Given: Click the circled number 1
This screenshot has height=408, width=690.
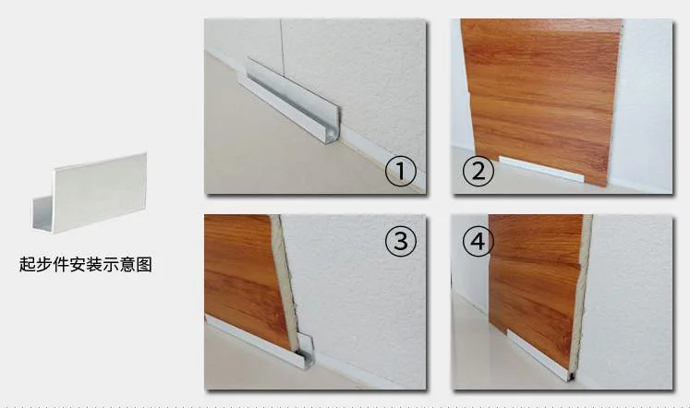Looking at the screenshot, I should (401, 171).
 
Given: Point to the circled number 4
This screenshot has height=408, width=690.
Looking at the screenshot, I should (477, 242).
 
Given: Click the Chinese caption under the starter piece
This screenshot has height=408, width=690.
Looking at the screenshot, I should (85, 265).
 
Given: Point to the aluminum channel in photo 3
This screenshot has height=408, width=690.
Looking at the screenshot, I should (259, 342).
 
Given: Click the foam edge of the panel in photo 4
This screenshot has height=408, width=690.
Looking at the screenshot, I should (581, 295).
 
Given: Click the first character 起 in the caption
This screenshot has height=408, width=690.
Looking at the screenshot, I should (27, 265).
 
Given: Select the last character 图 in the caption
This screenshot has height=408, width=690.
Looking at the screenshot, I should (143, 265).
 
